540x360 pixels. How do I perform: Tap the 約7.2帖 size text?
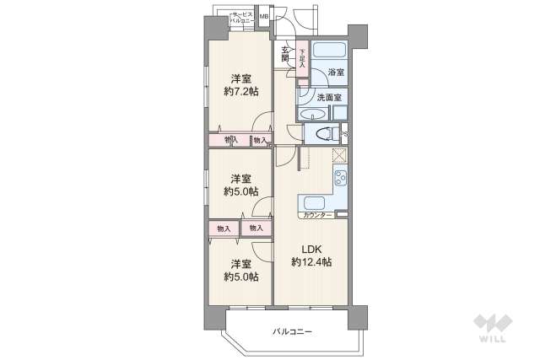[242, 90]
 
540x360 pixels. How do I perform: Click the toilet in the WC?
[322, 133]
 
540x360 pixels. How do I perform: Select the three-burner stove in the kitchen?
[340, 180]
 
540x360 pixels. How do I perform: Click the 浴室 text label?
[335, 73]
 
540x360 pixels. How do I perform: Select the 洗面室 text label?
[328, 98]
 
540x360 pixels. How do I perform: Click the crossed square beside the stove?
[339, 155]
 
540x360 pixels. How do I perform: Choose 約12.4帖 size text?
[311, 262]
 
